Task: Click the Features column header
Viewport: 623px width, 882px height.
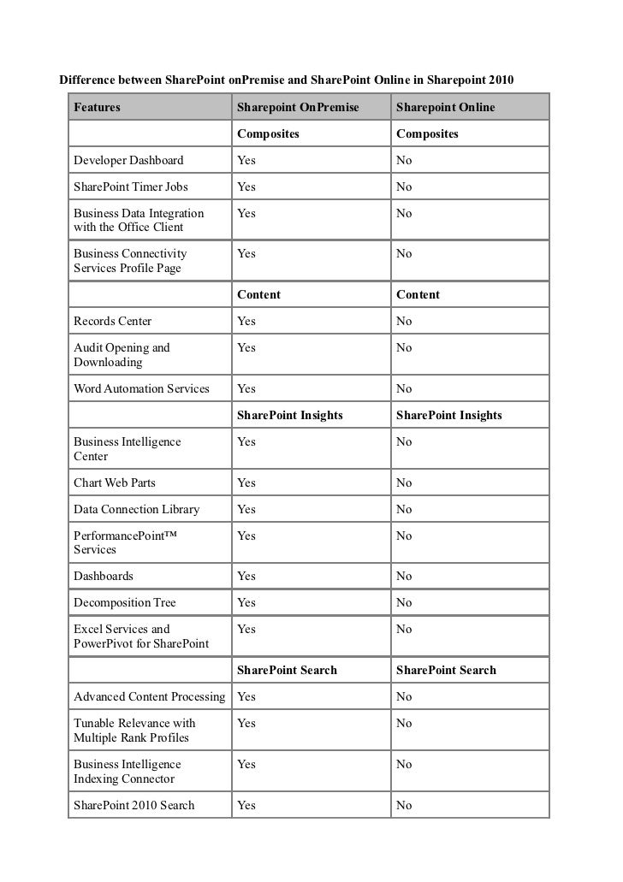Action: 97,108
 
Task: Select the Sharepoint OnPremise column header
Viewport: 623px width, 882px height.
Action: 298,108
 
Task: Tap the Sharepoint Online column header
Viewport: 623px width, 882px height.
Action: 445,108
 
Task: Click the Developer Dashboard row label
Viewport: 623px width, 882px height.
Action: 128,161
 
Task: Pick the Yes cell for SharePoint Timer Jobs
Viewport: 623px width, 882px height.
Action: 246,187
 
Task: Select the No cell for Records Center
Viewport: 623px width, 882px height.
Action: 404,322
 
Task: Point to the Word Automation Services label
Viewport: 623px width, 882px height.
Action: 141,389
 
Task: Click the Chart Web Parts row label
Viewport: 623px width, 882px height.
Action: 115,483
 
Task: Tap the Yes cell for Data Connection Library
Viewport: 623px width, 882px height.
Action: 246,510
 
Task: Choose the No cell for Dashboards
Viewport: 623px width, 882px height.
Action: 404,577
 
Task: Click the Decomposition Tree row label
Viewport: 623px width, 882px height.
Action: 125,603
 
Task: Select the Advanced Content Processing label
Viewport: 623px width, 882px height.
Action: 150,697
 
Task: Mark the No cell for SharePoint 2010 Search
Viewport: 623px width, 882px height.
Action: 404,806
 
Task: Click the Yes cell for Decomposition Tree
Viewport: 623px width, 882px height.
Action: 246,603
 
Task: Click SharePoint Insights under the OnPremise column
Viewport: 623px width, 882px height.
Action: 289,416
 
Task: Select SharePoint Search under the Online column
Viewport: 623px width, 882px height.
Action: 446,671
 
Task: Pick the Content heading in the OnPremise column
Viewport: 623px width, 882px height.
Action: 258,295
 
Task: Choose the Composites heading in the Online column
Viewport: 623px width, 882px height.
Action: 427,134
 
